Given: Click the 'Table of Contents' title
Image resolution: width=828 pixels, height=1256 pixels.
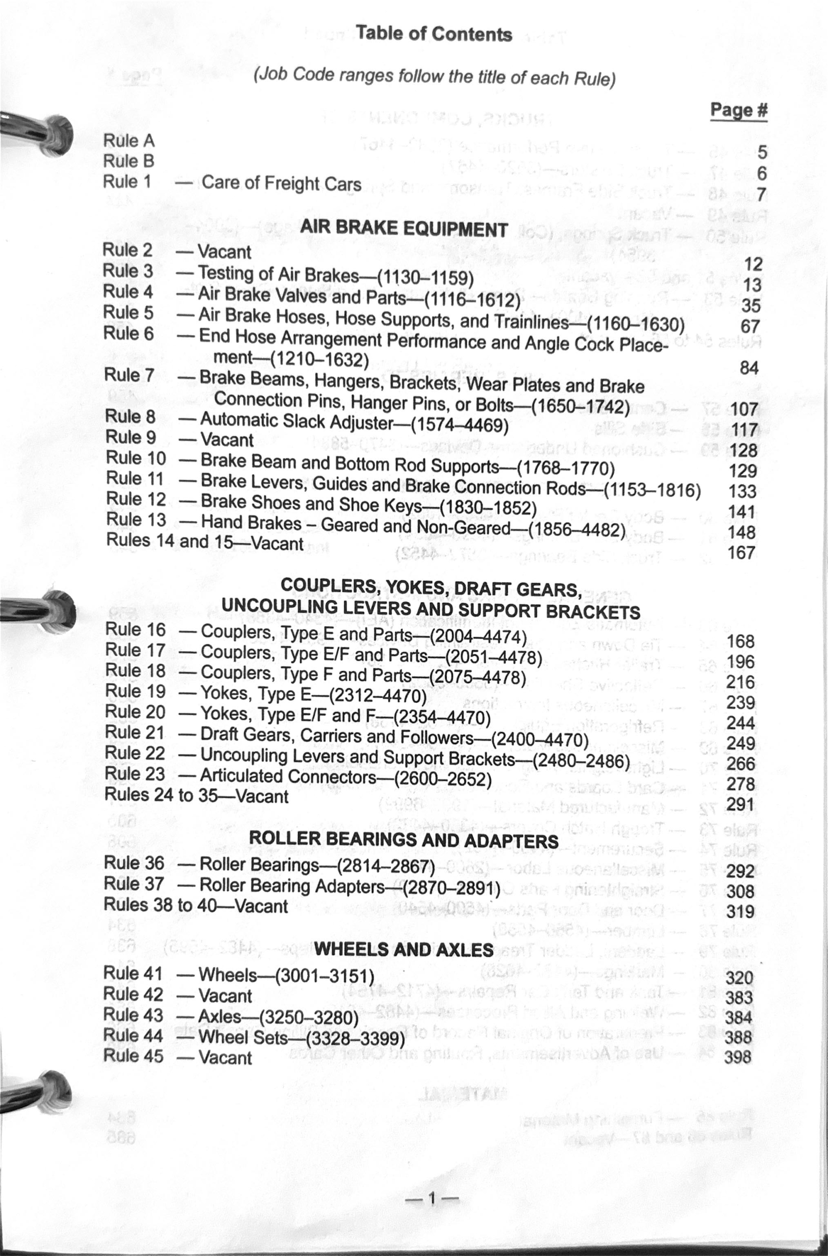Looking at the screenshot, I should pos(433,34).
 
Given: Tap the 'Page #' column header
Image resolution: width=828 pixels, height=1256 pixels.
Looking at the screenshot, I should pos(738,110).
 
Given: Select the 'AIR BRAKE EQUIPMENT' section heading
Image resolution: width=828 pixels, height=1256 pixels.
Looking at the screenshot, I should pos(404,228).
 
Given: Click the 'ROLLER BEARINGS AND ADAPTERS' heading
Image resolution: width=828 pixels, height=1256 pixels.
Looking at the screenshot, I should pos(403,839).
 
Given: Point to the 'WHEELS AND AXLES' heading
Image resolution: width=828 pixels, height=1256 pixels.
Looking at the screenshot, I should pos(403,949).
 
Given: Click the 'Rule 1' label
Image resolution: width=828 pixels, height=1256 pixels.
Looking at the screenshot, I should pos(127,182).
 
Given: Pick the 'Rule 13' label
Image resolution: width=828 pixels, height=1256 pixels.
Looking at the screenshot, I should pos(136,520).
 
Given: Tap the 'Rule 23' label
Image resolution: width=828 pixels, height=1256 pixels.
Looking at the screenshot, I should pos(135,774).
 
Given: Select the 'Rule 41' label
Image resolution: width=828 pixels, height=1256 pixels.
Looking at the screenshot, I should pos(132,973).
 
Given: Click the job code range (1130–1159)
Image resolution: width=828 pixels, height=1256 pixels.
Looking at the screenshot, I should pos(425,277).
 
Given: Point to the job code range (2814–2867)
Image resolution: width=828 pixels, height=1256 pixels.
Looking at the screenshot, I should pos(385,866).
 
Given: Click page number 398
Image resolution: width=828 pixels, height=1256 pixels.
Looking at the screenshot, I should pos(738,1057).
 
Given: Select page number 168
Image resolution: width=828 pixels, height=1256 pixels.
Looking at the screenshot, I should pos(740,641).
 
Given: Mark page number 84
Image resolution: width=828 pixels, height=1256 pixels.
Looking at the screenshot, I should pos(749,368).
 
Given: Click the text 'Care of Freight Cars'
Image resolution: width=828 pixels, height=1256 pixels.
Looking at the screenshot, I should pos(281,183).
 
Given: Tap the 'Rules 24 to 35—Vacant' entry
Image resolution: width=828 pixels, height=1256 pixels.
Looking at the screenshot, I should pos(197,795).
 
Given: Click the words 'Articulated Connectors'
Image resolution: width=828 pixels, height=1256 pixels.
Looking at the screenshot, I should pos(288,776).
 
